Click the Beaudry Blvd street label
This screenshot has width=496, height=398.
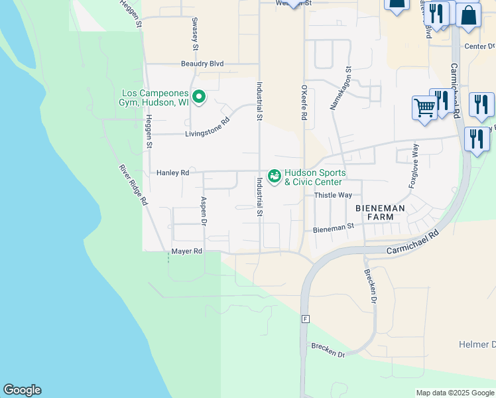(202, 64)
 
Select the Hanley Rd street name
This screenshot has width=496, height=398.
(173, 172)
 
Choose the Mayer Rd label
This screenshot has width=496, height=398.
(186, 251)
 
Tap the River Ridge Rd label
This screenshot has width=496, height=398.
(134, 185)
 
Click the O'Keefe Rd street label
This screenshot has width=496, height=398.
(304, 102)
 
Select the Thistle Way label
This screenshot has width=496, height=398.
(333, 195)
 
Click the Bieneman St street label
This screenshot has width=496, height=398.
(334, 228)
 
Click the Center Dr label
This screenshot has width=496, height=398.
(480, 46)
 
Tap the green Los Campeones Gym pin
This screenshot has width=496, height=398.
(199, 98)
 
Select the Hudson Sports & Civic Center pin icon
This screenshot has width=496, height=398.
(274, 176)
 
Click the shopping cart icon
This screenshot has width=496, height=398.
(424, 106)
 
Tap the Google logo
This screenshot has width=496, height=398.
(22, 390)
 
